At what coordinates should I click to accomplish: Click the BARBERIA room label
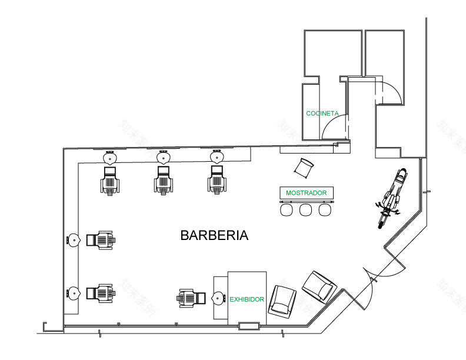tap(214, 236)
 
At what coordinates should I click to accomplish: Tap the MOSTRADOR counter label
tap(306, 193)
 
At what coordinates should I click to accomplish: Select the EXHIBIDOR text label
tap(247, 299)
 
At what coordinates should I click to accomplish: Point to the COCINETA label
tap(322, 113)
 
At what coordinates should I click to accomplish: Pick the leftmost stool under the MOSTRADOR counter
tap(287, 209)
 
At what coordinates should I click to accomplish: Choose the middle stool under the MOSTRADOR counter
tap(306, 209)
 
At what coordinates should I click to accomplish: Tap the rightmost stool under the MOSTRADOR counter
tap(325, 209)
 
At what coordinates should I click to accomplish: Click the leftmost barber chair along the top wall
tap(110, 181)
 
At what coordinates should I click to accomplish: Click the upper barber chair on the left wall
tap(101, 240)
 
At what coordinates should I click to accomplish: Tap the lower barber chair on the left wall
tap(101, 293)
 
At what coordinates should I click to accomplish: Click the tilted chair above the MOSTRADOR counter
tap(305, 168)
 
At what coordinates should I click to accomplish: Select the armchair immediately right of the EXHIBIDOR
tap(281, 300)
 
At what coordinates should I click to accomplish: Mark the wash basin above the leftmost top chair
tap(109, 158)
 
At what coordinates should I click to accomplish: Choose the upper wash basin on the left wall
tap(74, 240)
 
